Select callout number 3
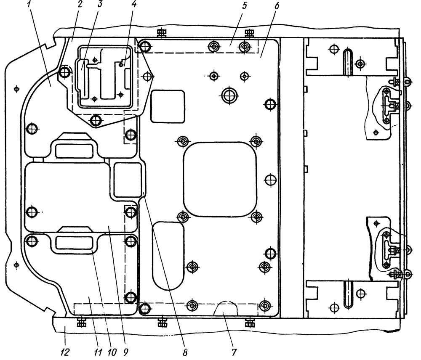tap(100, 5)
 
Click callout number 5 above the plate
tap(244, 6)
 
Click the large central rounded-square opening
tap(220, 179)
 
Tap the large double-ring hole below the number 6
tap(229, 95)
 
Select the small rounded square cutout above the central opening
tap(168, 106)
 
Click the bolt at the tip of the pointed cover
tap(147, 77)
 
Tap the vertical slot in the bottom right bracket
tap(348, 294)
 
